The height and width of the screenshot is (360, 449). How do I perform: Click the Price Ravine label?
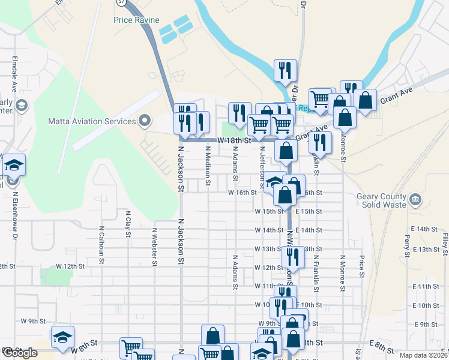click(x=136, y=20)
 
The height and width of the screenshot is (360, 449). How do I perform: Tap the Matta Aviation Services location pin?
click(x=144, y=121)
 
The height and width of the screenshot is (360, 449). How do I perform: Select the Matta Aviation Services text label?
click(x=92, y=122)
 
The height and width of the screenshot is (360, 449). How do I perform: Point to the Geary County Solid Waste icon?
click(x=414, y=199)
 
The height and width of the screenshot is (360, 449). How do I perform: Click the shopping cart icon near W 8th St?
click(x=131, y=347)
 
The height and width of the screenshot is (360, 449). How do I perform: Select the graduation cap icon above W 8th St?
click(x=62, y=337)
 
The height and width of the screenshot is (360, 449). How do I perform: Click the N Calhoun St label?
click(x=101, y=245)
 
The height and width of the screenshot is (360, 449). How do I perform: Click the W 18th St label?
click(x=234, y=140)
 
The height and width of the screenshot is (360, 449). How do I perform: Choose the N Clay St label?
click(x=128, y=224)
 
